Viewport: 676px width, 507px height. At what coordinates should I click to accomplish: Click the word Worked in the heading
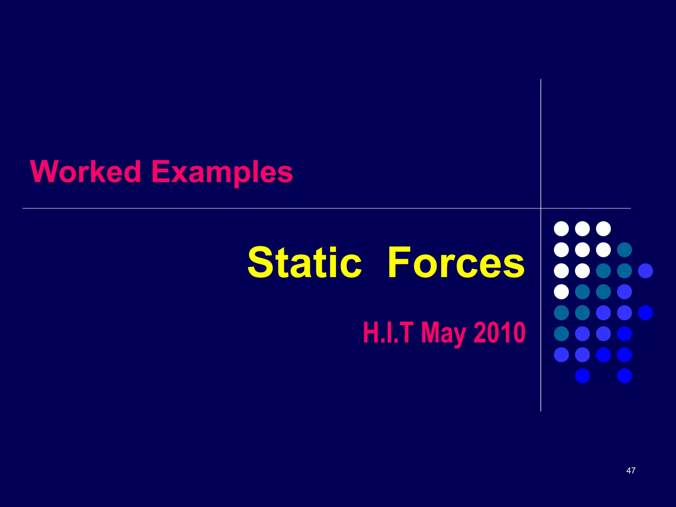point(86,171)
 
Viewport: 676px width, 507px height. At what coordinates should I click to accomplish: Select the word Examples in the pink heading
point(222,172)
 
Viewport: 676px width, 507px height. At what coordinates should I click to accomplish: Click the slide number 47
point(631,470)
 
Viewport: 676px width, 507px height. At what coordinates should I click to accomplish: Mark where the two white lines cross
point(541,208)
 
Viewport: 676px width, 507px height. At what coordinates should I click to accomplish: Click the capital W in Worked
point(45,171)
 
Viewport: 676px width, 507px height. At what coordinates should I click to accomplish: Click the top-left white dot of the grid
point(561,229)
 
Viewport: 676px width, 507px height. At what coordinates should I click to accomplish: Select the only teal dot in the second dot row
point(624,250)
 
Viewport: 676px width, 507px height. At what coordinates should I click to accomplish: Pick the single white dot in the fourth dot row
point(561,292)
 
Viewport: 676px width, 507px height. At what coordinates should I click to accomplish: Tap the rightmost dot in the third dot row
point(645,271)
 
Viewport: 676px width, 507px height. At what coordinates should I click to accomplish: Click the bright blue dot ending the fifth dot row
point(645,313)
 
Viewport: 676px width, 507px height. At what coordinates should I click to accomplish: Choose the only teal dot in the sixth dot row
point(561,334)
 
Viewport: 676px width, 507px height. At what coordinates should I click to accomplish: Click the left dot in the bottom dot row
point(582,376)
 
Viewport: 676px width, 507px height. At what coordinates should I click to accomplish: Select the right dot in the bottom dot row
point(624,376)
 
